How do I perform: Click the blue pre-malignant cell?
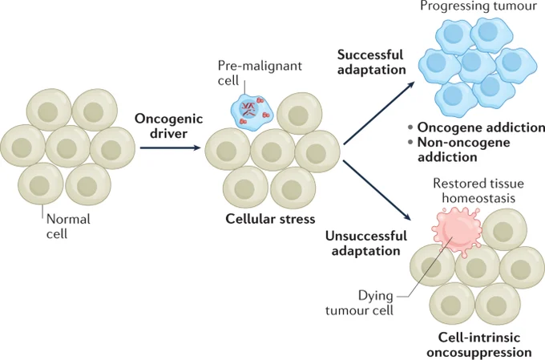point(252,112)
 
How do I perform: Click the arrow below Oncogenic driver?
point(170,148)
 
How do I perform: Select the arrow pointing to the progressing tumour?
point(379,113)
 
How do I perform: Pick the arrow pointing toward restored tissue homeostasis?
point(377,190)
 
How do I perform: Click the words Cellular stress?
point(270,219)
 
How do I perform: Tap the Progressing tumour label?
point(478,6)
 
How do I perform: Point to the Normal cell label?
point(68,226)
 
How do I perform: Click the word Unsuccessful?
point(366,236)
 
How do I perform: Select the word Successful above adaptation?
point(370,55)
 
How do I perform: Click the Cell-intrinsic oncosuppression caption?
point(479,344)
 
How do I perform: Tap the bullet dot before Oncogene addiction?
point(411,127)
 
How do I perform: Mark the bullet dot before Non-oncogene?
point(411,142)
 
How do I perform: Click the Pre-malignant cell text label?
point(260,73)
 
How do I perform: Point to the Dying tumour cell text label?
point(359,302)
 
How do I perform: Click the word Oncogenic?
point(168,119)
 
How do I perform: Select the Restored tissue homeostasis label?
point(478,191)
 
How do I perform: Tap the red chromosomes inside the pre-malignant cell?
point(248,108)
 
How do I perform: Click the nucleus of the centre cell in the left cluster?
point(67,148)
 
